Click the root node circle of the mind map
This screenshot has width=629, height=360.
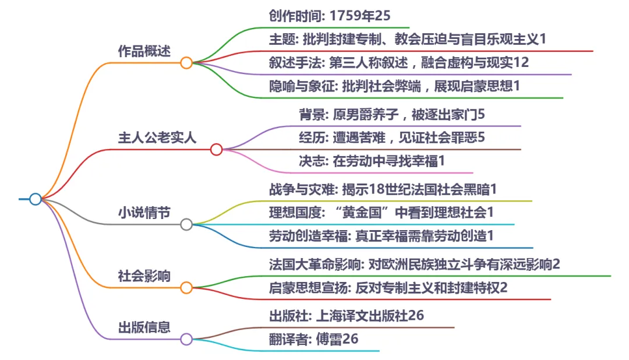(x=36, y=199)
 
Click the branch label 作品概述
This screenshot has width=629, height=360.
(x=144, y=51)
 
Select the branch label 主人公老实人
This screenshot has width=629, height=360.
(x=157, y=138)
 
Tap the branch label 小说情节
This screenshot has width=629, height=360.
(x=144, y=213)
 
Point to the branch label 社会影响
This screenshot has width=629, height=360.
(x=144, y=276)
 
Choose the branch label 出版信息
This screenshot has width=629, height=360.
(x=144, y=327)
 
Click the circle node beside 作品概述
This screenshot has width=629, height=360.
(x=186, y=63)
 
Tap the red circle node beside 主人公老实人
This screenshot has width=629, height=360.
(x=216, y=150)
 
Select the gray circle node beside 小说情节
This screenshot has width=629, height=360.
(x=186, y=224)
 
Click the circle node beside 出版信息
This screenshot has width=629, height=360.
(x=186, y=339)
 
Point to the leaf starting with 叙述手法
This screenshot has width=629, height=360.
(x=399, y=62)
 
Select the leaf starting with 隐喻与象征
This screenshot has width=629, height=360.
(x=394, y=86)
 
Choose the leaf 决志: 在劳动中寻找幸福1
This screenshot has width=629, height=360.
(x=373, y=161)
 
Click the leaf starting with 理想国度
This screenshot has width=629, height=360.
(x=381, y=213)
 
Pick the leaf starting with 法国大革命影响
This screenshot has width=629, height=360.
(x=414, y=264)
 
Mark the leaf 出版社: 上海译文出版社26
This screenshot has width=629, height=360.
(x=346, y=316)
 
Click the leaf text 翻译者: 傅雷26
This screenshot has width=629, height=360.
(x=313, y=339)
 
